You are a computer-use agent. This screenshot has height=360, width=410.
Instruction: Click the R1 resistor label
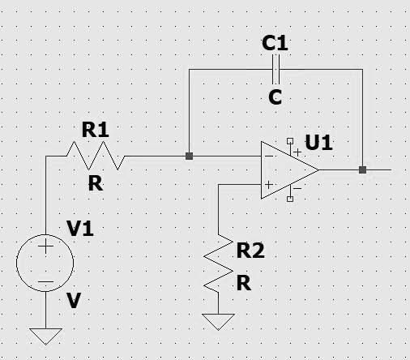coord(96,128)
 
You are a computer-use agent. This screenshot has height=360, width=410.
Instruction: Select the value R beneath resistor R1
coord(96,183)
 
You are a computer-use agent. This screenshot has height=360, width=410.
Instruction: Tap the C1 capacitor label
coord(275,44)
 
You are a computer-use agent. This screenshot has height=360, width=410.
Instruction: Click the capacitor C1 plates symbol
coord(275,70)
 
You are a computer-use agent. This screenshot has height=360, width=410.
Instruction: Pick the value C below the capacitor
coord(275,97)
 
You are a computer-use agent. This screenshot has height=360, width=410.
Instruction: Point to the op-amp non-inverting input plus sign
coord(267,185)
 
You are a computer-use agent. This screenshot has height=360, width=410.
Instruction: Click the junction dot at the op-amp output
coord(362,170)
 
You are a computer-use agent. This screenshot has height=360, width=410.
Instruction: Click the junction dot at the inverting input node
coord(189,156)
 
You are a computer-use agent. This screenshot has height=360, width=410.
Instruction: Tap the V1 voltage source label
coord(80,229)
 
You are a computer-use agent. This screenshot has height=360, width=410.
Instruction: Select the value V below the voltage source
coord(74,301)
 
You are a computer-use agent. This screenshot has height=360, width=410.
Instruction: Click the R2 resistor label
coord(250,252)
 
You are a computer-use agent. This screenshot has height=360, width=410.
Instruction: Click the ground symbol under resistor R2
coord(219,321)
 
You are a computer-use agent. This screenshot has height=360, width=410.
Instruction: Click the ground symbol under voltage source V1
coord(45,334)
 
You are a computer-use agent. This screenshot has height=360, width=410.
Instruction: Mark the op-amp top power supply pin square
coord(290,141)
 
